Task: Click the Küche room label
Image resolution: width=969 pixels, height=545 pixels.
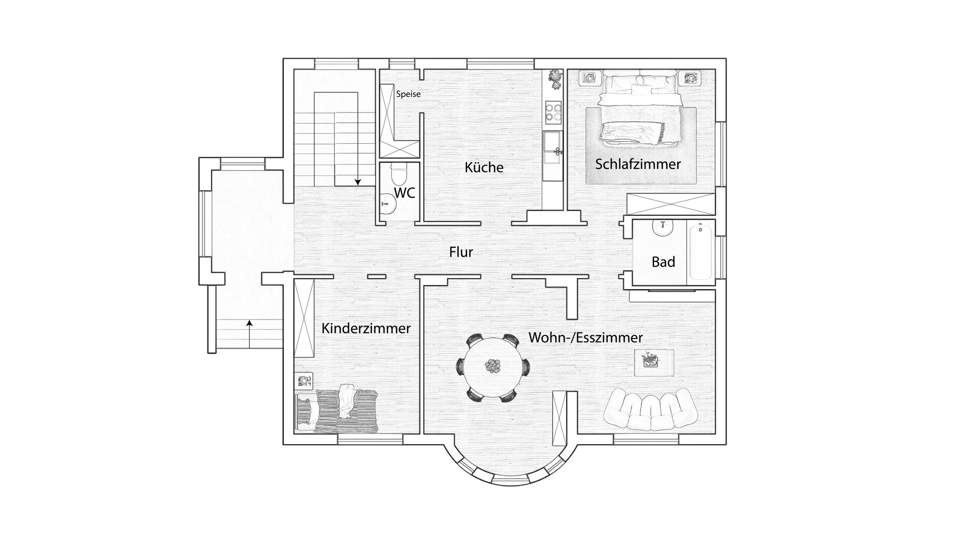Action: point(484,167)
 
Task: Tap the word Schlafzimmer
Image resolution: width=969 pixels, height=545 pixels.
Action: point(638,164)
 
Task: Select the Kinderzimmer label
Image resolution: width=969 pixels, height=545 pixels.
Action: point(366,329)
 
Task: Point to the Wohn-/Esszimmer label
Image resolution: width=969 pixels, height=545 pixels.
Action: point(585,337)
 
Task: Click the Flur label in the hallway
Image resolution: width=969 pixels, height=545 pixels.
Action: point(461,252)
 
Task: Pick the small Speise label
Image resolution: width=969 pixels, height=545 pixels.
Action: point(408,94)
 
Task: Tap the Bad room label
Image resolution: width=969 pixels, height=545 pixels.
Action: point(663,262)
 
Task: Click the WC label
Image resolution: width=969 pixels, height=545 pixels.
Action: point(404,192)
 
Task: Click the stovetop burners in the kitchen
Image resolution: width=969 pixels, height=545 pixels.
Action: point(553,113)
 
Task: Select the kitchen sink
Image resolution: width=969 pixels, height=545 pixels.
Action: point(553,147)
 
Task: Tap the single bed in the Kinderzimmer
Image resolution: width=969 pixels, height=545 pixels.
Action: point(337,411)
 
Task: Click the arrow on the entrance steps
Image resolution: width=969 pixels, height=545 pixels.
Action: point(249,334)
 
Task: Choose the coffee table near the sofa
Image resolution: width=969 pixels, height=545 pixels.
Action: point(654,362)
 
